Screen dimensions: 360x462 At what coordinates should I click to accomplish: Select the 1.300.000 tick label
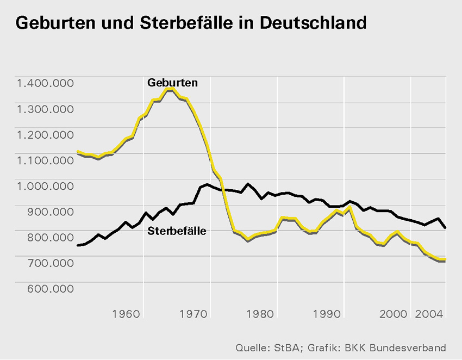tap(45, 109)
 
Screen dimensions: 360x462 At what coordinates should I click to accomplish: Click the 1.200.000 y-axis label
tap(45, 134)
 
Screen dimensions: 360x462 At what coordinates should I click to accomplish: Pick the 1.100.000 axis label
tap(45, 160)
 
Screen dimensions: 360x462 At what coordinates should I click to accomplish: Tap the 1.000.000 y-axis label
tap(45, 185)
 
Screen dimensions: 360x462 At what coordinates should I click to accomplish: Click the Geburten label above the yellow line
tap(172, 83)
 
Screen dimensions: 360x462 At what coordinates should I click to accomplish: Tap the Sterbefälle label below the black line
tap(177, 231)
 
